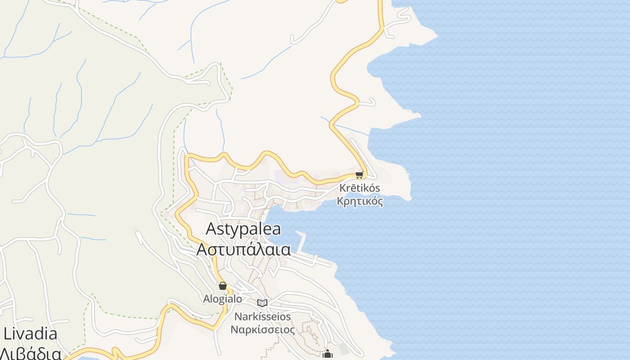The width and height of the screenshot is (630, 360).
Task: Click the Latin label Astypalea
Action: [x=243, y=229]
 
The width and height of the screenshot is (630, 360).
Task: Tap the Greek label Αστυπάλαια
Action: [x=243, y=249]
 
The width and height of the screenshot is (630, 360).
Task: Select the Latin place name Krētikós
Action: [x=360, y=188]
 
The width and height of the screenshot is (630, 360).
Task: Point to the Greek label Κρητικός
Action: [x=360, y=201]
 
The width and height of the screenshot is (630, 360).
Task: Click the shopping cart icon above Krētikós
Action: [x=359, y=175]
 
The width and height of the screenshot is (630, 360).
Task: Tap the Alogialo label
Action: [x=222, y=299]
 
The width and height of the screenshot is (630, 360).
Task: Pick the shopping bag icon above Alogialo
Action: [x=222, y=286]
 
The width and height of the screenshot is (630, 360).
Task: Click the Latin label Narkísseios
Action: [x=262, y=317]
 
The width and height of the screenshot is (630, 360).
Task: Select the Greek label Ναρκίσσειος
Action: [x=262, y=329]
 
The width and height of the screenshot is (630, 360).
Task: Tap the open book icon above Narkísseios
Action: [x=262, y=303]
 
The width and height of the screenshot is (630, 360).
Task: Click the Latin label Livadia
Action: [x=30, y=334]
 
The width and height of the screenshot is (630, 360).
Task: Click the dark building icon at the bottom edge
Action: [x=328, y=354]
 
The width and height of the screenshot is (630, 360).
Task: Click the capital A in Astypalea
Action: [x=211, y=229]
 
